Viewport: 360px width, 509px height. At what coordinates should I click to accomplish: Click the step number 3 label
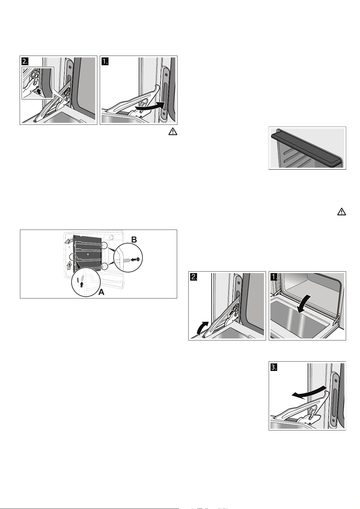click(274, 367)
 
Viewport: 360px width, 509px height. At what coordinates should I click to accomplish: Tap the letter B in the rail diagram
click(134, 240)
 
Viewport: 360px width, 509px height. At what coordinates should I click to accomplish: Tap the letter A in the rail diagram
click(102, 292)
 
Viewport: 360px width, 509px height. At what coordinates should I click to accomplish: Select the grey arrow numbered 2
click(69, 241)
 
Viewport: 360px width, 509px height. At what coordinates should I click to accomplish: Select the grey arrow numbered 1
click(69, 266)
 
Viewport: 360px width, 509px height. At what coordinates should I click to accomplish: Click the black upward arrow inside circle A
click(82, 284)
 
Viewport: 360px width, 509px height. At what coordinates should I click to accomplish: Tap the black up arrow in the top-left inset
click(39, 92)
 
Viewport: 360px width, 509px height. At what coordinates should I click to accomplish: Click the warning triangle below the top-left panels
click(173, 132)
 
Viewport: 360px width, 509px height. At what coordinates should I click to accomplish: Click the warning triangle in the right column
click(341, 211)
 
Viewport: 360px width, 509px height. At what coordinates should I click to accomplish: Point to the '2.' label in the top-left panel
click(25, 61)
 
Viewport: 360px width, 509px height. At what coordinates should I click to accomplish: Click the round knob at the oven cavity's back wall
click(112, 237)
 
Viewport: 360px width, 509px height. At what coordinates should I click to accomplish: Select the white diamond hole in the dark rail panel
click(88, 253)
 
